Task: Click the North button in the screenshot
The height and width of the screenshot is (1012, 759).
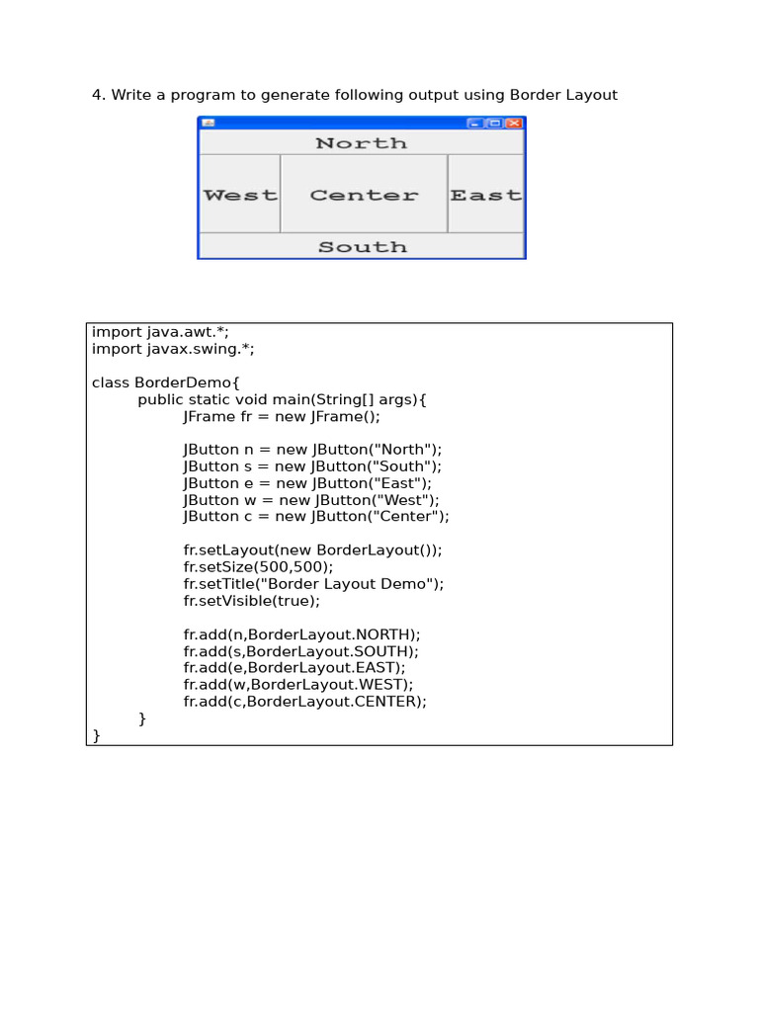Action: coord(362,142)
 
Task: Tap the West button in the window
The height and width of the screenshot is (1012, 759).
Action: coord(239,195)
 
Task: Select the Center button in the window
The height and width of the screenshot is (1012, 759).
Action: coord(364,195)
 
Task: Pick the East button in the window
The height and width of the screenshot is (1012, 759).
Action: coord(485,195)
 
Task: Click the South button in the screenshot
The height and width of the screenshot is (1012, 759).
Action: coord(362,246)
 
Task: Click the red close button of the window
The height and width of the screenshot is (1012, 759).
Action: coord(514,124)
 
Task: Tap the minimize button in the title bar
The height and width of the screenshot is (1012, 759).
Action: coord(475,124)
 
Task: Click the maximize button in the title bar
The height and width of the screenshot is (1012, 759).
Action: coord(494,124)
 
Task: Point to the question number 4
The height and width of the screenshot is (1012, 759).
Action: coord(98,95)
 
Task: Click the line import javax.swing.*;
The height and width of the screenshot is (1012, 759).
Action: coord(173,349)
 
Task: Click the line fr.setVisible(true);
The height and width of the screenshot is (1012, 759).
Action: coord(252,601)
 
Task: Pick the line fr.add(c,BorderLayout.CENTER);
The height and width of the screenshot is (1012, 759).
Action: coord(305,702)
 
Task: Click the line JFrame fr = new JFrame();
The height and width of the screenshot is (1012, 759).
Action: coord(282,416)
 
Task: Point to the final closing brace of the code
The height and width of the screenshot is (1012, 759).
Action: coord(96,735)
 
